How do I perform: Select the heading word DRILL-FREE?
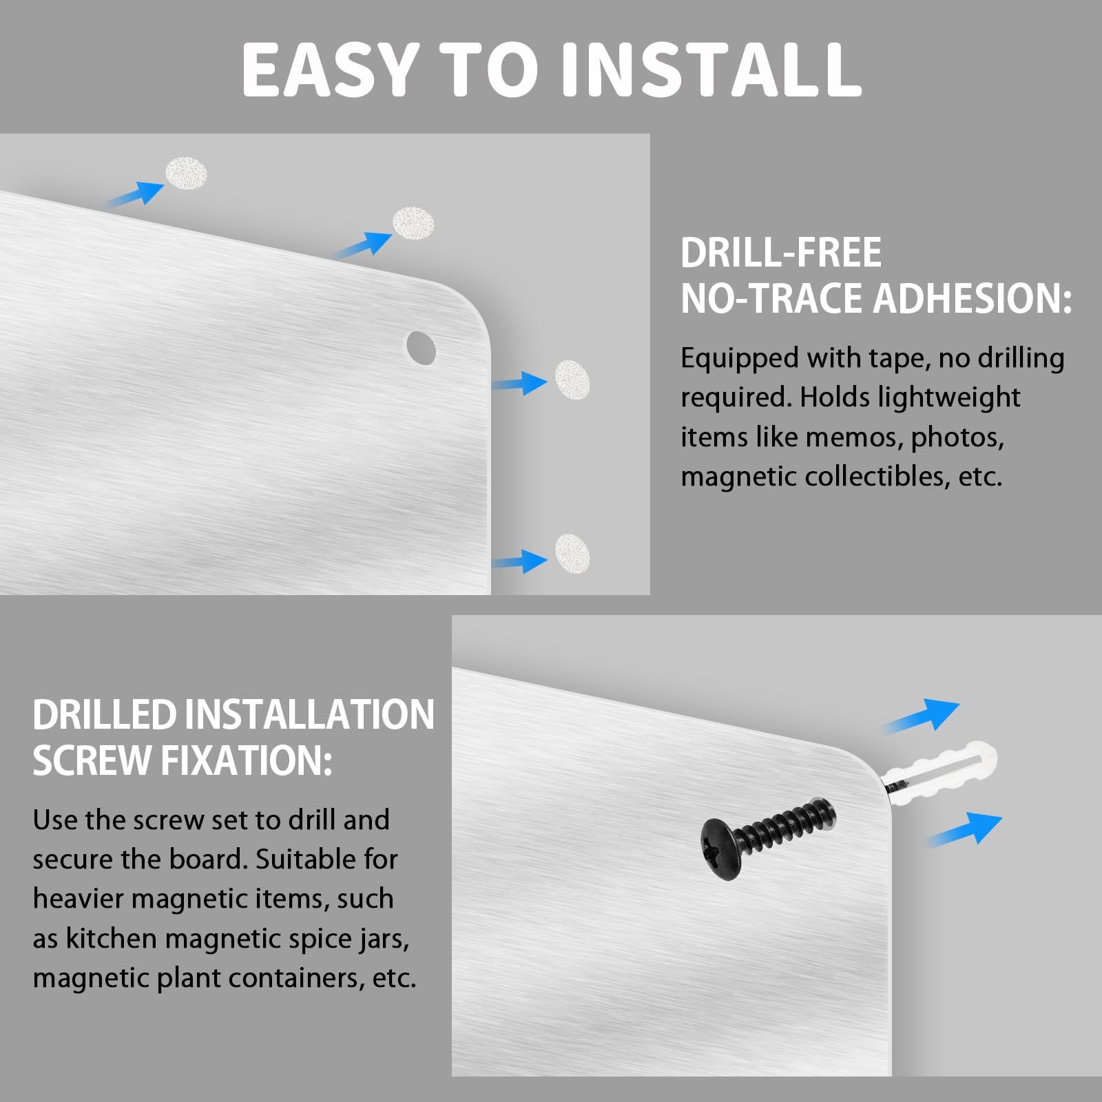pyautogui.click(x=781, y=252)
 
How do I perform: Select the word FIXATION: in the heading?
pyautogui.click(x=246, y=761)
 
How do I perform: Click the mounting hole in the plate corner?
pyautogui.click(x=421, y=348)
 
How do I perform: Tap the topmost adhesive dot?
pyautogui.click(x=186, y=174)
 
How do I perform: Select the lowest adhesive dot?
pyautogui.click(x=572, y=553)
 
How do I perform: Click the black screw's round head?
pyautogui.click(x=721, y=849)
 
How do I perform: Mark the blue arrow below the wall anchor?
pyautogui.click(x=964, y=830)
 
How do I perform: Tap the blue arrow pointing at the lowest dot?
pyautogui.click(x=520, y=561)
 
